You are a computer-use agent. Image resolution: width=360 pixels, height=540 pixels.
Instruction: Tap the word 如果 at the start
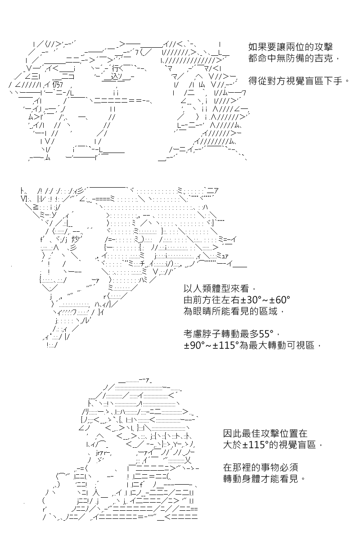257,46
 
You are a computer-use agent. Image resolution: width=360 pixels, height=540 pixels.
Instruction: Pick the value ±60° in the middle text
280,300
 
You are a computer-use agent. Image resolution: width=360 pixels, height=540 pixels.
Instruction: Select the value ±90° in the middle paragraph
193,346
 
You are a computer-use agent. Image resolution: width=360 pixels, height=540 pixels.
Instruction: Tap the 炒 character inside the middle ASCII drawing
75,239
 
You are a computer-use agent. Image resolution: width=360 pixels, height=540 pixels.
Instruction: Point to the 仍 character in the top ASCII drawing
55,85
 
